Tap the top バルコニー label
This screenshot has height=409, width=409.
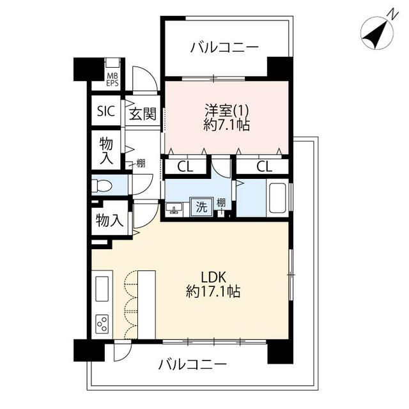click(x=224, y=47)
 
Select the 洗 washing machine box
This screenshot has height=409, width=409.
click(x=200, y=206)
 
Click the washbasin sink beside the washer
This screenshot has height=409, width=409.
click(x=174, y=208)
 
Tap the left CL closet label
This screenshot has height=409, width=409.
click(x=185, y=167)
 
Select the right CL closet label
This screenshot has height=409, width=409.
click(x=263, y=167)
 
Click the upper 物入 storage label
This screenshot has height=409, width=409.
click(x=105, y=151)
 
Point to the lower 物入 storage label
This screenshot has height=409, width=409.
click(x=109, y=221)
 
